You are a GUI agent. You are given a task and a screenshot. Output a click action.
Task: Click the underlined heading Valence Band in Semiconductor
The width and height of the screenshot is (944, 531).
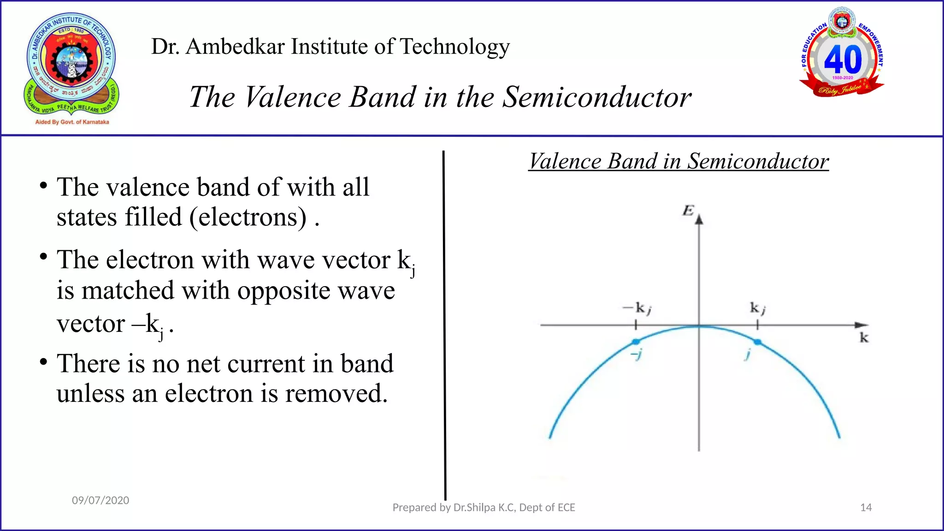tap(678, 161)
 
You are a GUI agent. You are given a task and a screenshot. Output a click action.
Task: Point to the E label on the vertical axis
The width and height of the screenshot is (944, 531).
tap(688, 211)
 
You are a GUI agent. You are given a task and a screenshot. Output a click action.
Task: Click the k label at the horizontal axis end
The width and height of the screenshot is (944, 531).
tap(864, 338)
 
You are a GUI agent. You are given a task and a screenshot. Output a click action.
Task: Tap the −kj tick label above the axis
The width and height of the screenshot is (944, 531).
tap(637, 308)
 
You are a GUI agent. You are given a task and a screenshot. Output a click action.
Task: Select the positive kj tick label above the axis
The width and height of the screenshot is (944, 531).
tap(757, 308)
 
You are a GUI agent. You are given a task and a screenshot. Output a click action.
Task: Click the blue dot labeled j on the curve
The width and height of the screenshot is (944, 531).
tap(757, 342)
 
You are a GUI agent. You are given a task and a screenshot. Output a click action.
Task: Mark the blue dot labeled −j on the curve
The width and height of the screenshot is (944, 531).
tap(636, 342)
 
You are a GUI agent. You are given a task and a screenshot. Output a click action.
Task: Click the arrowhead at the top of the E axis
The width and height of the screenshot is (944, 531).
tap(699, 219)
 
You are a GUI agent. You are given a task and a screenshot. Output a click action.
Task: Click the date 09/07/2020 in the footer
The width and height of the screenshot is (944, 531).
tap(100, 501)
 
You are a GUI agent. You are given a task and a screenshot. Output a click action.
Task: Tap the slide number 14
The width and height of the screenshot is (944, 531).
tap(866, 507)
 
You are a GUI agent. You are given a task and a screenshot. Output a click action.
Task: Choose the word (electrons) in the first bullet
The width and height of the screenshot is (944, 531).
tap(248, 217)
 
